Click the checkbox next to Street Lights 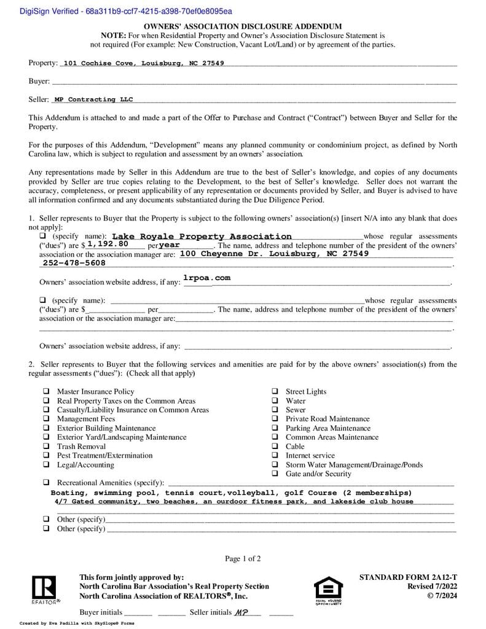point(274,391)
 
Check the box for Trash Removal point(46,447)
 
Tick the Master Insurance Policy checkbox point(46,391)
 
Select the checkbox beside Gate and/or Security point(274,474)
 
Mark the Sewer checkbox point(274,410)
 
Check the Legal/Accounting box point(46,464)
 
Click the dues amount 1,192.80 point(108,244)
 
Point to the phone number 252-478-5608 point(74,263)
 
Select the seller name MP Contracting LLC point(93,100)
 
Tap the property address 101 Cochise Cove point(143,63)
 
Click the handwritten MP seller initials point(241,612)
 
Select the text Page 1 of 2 point(243,558)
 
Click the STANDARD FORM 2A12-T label point(408,577)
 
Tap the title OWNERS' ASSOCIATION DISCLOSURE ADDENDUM point(243,27)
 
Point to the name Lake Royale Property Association point(202,236)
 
